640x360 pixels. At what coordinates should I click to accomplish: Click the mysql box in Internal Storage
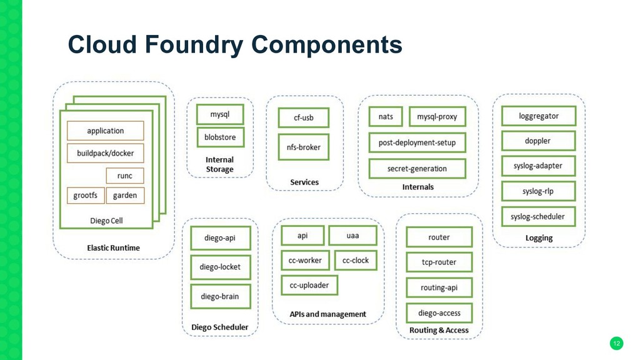(x=220, y=114)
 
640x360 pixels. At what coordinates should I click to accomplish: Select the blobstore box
(x=221, y=137)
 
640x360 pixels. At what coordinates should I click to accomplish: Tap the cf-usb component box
(x=304, y=117)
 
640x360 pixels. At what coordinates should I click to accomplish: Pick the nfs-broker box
(x=304, y=147)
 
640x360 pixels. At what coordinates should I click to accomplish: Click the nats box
(x=386, y=117)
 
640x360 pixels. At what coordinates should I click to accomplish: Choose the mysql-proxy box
(x=437, y=117)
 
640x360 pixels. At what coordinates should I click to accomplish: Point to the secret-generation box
(x=417, y=169)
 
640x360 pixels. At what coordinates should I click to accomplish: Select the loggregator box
(x=539, y=116)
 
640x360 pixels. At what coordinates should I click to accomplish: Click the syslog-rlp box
(x=538, y=191)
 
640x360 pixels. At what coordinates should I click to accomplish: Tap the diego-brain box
(x=221, y=296)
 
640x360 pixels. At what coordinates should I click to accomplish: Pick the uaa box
(x=352, y=236)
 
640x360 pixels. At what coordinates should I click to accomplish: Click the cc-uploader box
(x=309, y=285)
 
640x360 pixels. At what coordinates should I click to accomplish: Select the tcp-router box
(x=439, y=262)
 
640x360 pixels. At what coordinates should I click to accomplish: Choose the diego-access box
(x=439, y=313)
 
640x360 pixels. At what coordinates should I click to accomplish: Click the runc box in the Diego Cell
(x=125, y=176)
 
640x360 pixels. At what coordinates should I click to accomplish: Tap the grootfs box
(x=86, y=196)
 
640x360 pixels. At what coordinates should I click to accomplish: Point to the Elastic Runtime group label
(x=114, y=247)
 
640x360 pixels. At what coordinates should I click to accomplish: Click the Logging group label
(x=539, y=238)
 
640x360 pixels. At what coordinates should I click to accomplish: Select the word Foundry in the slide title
(x=194, y=44)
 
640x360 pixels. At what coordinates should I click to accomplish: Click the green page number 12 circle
(x=617, y=343)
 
